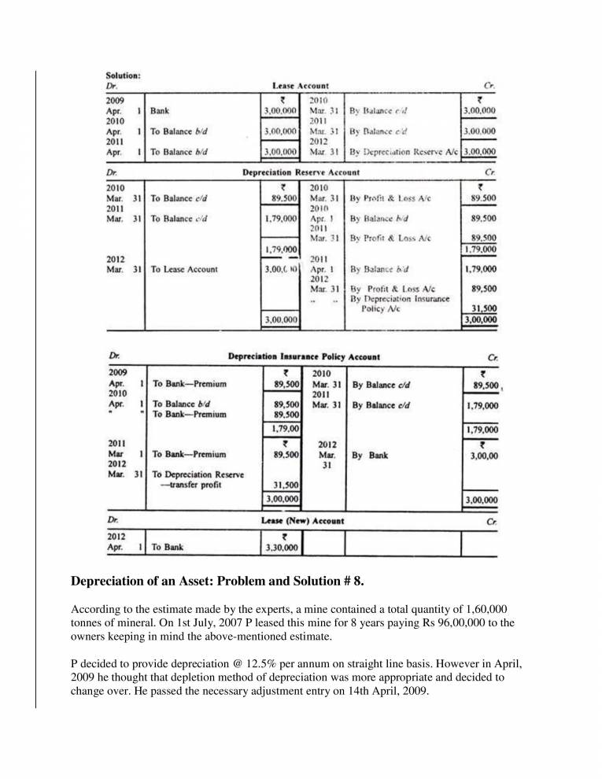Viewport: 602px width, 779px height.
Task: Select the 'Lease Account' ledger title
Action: pyautogui.click(x=300, y=85)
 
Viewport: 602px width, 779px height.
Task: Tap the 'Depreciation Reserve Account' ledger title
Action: pyautogui.click(x=301, y=172)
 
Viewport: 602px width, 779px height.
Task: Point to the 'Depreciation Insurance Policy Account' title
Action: pyautogui.click(x=304, y=356)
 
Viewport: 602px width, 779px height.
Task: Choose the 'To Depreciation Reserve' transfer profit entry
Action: pyautogui.click(x=198, y=479)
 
